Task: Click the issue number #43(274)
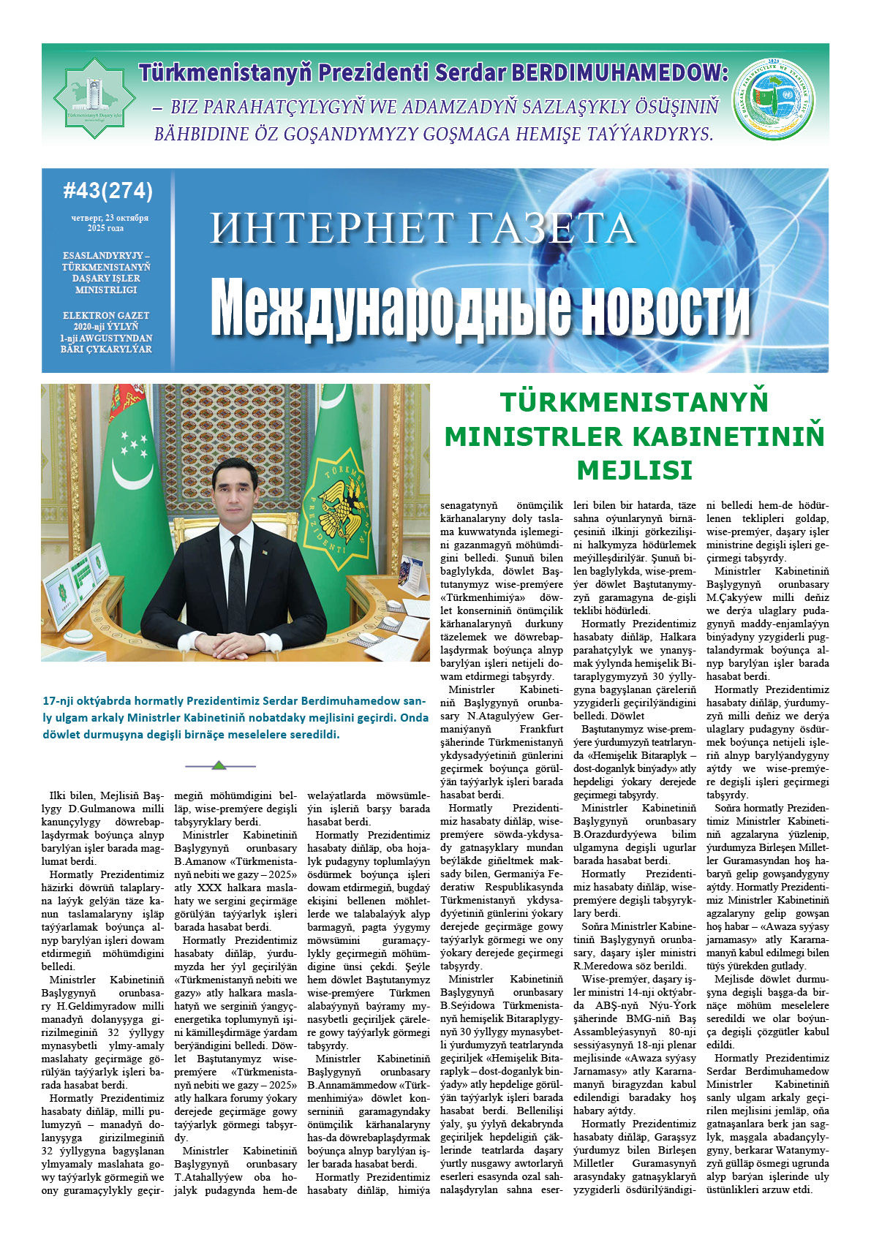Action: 108,191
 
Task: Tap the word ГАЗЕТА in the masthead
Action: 551,227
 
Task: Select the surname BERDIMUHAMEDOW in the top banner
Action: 619,72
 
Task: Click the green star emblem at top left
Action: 94,97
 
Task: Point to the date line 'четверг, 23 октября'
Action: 109,218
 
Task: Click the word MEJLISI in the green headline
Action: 634,470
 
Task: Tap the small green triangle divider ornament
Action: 219,765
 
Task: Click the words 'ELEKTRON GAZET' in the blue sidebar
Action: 106,316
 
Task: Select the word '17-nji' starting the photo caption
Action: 57,700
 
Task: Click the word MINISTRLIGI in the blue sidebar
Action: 106,290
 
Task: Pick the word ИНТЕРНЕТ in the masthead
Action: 331,227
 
